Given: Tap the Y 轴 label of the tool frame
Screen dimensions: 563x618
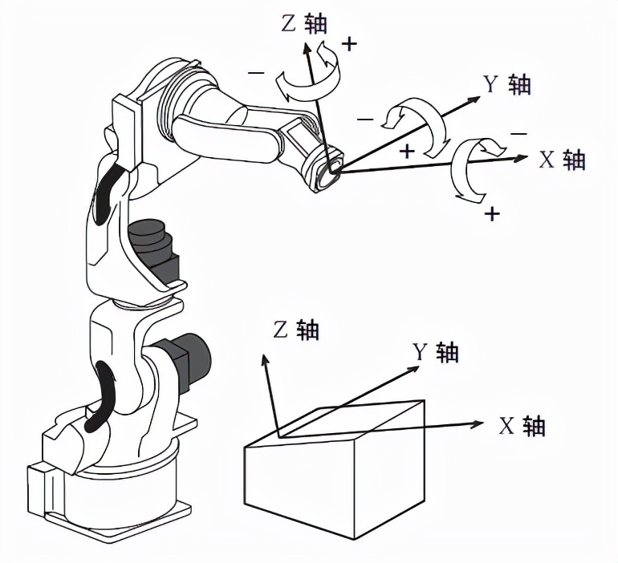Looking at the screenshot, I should [506, 83].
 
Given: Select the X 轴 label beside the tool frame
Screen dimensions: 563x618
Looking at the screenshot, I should [562, 159].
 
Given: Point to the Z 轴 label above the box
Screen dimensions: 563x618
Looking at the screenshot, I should [296, 329].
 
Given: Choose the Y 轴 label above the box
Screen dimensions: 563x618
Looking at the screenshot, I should [436, 351].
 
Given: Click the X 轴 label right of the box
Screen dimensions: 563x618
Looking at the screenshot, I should [522, 426].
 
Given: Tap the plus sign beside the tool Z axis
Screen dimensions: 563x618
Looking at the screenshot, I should [349, 44].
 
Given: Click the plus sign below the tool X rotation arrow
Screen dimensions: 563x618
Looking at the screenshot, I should [492, 214].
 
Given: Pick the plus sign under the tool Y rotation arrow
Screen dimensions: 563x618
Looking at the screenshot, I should [408, 150].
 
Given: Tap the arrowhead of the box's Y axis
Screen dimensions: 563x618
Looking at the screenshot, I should [415, 367].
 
